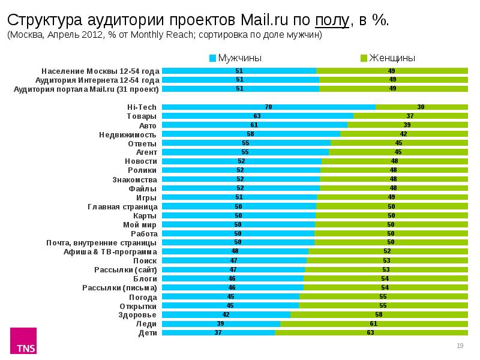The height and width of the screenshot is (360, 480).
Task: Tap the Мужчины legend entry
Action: tap(236, 58)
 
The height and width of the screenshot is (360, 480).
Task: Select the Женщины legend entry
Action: tap(388, 58)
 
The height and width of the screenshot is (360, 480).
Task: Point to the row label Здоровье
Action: tap(137, 314)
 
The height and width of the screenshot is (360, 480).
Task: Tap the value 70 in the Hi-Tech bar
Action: tap(268, 107)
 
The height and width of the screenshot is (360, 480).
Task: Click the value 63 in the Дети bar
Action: tap(371, 332)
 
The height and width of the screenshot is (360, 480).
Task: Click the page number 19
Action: tap(461, 345)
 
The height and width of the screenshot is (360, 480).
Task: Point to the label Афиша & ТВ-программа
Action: tap(110, 251)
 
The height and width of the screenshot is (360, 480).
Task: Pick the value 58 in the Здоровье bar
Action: tap(379, 314)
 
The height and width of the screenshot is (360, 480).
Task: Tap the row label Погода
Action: tap(143, 296)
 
